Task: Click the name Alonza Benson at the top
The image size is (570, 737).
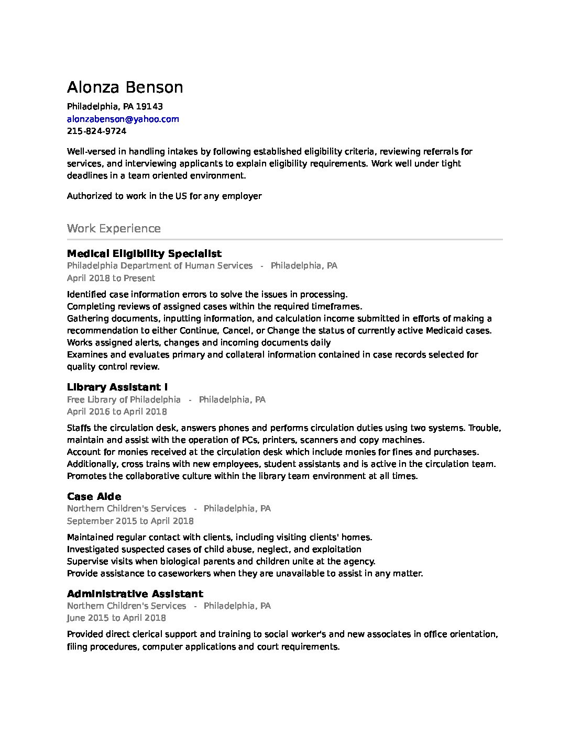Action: (125, 87)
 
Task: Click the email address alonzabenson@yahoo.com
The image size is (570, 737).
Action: (123, 119)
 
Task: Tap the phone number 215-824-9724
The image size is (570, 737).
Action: (96, 131)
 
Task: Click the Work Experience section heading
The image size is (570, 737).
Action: (114, 229)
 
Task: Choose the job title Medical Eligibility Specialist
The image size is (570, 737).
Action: (144, 254)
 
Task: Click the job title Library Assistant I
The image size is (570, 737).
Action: (117, 387)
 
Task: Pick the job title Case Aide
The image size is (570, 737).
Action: (94, 497)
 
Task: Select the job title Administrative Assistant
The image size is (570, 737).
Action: (135, 594)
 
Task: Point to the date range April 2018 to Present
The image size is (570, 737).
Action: (111, 278)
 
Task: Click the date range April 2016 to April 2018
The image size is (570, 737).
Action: (117, 412)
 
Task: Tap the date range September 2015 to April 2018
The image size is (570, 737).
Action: (130, 521)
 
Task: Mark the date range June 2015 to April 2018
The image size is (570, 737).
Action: (116, 618)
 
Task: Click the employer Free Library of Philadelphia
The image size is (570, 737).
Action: (124, 400)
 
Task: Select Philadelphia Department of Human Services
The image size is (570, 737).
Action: (160, 266)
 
